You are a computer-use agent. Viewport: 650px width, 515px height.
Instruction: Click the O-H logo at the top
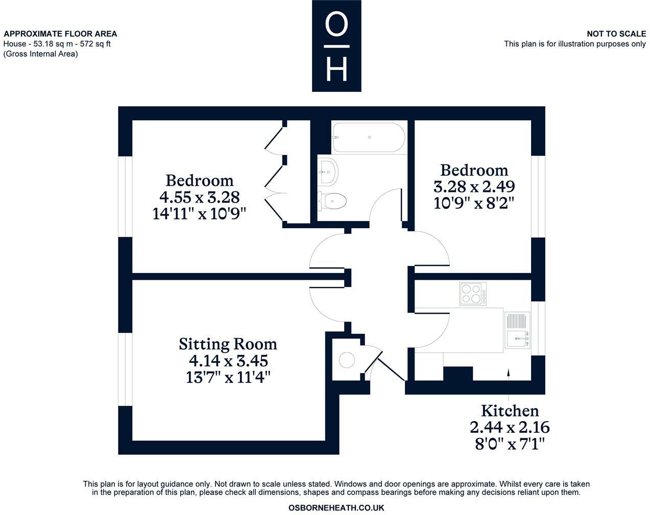pyautogui.click(x=336, y=46)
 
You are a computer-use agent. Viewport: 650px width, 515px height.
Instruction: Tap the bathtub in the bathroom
pyautogui.click(x=369, y=137)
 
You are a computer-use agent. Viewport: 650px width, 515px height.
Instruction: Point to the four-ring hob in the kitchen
pyautogui.click(x=472, y=293)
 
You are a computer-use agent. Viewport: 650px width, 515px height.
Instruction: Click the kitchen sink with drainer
pyautogui.click(x=518, y=330)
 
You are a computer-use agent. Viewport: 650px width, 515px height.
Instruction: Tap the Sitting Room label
pyautogui.click(x=228, y=344)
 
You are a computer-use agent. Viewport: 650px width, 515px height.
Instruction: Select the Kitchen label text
pyautogui.click(x=510, y=411)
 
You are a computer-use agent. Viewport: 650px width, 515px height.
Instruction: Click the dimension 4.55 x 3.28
pyautogui.click(x=199, y=197)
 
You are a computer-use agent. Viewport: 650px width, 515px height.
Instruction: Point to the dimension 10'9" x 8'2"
pyautogui.click(x=473, y=203)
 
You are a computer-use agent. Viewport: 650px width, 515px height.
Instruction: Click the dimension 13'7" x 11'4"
pyautogui.click(x=228, y=378)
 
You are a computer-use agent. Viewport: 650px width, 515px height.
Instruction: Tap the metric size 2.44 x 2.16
pyautogui.click(x=510, y=427)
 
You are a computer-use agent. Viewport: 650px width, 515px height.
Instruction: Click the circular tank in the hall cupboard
pyautogui.click(x=347, y=360)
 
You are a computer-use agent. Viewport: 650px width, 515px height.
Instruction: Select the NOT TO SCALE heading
pyautogui.click(x=616, y=34)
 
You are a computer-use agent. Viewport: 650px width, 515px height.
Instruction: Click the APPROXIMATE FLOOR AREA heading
pyautogui.click(x=60, y=34)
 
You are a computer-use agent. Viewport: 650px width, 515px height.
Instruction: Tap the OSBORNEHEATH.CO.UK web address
pyautogui.click(x=336, y=508)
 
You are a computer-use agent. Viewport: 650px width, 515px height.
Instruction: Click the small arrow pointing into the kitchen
pyautogui.click(x=509, y=374)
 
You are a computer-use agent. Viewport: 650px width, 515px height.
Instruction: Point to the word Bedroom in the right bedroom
pyautogui.click(x=474, y=170)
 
